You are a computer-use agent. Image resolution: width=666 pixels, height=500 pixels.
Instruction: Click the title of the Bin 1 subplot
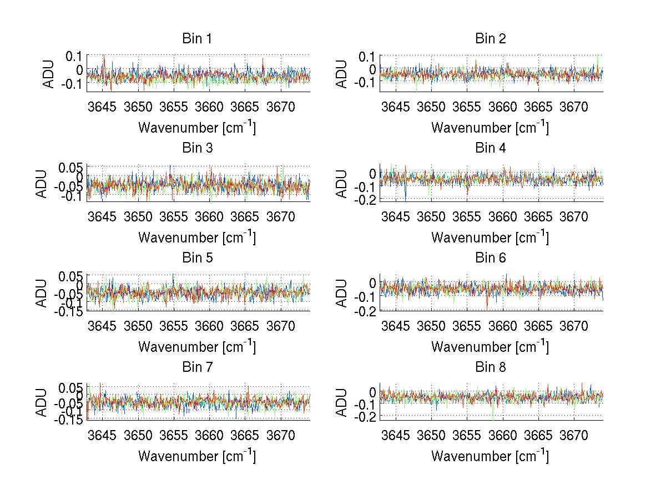pos(196,39)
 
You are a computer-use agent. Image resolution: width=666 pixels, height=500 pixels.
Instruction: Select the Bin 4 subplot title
pos(490,148)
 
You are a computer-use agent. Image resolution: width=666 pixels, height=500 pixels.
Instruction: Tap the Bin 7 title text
pos(196,367)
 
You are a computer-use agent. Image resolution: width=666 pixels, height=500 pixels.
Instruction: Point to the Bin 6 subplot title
pos(490,258)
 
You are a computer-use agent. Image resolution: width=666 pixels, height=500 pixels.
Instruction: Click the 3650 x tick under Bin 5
pos(138,325)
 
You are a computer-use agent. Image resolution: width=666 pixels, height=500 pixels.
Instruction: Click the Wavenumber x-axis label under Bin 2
pos(490,128)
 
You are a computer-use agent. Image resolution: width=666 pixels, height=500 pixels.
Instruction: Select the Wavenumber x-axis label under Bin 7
pos(196,456)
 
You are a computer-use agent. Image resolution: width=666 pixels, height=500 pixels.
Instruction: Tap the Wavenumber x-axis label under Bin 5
pos(196,347)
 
